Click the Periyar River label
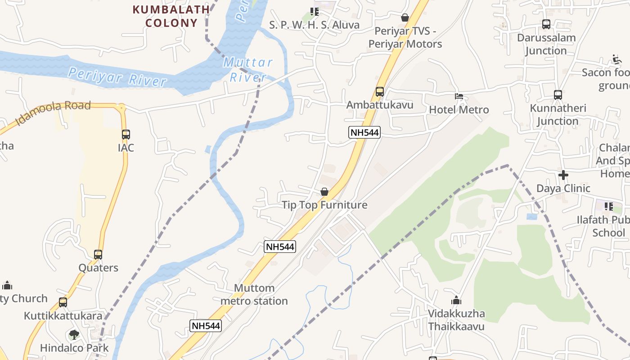pos(117,76)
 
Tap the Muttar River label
pos(248,70)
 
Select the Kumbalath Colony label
pos(171,16)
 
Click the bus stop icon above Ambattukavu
pos(380,92)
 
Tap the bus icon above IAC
pos(126,134)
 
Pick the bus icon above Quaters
pos(98,254)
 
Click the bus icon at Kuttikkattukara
pos(63,302)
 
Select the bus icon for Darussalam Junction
pos(546,24)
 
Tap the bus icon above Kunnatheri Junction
pos(558,95)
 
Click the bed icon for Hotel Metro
pos(459,96)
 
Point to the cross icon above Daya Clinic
pos(563,175)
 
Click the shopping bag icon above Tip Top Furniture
pos(324,192)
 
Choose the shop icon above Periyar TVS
pos(405,18)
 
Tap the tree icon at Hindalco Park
pos(74,334)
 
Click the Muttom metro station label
pos(254,294)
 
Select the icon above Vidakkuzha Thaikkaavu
pos(456,300)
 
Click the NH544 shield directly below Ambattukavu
pos(364,132)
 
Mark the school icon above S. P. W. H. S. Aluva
pos(314,11)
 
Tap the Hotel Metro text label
pos(459,109)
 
